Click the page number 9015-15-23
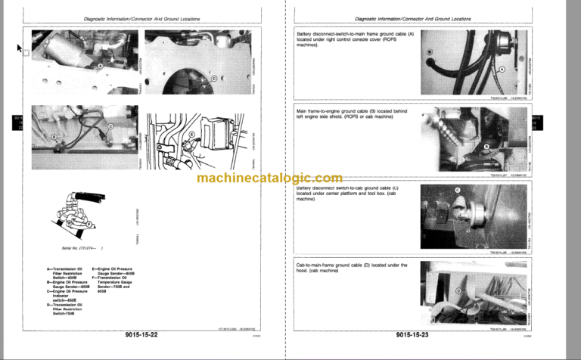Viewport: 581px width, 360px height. [x=418, y=334]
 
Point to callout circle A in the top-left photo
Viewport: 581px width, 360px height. [x=100, y=66]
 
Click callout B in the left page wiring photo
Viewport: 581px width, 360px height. [x=54, y=136]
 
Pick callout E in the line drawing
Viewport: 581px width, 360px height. [x=191, y=135]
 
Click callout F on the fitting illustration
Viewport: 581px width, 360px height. [x=89, y=224]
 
